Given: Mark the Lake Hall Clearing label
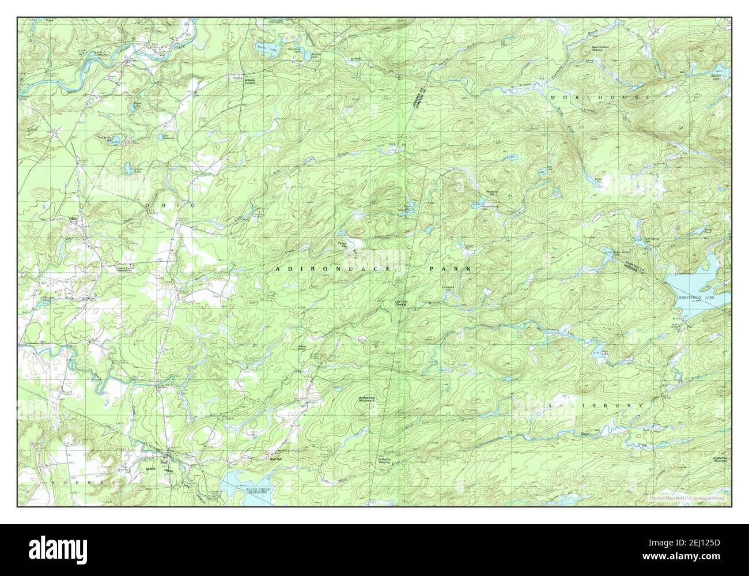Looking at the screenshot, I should point(402,302).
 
